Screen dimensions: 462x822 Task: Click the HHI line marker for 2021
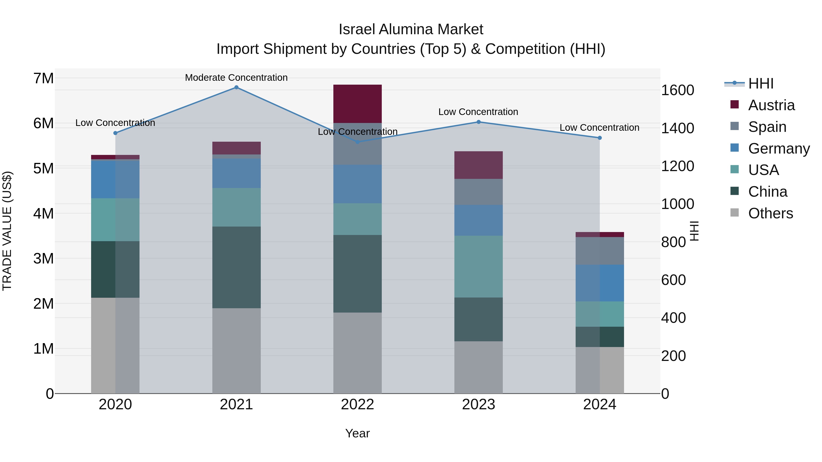click(x=236, y=87)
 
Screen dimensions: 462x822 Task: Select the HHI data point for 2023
click(x=478, y=122)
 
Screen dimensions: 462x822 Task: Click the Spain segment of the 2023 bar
click(x=478, y=192)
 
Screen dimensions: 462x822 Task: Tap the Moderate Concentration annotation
click(x=236, y=78)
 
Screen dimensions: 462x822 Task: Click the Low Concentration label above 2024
click(x=599, y=128)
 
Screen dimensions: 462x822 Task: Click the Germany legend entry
click(x=779, y=149)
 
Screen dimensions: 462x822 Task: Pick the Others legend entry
click(x=770, y=213)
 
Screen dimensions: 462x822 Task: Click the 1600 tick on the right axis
click(x=677, y=90)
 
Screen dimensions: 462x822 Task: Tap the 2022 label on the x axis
click(x=357, y=405)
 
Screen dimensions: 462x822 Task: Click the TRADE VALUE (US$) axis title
click(x=7, y=231)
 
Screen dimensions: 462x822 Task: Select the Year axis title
click(x=357, y=433)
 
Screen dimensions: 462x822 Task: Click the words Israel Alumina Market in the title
click(x=411, y=29)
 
